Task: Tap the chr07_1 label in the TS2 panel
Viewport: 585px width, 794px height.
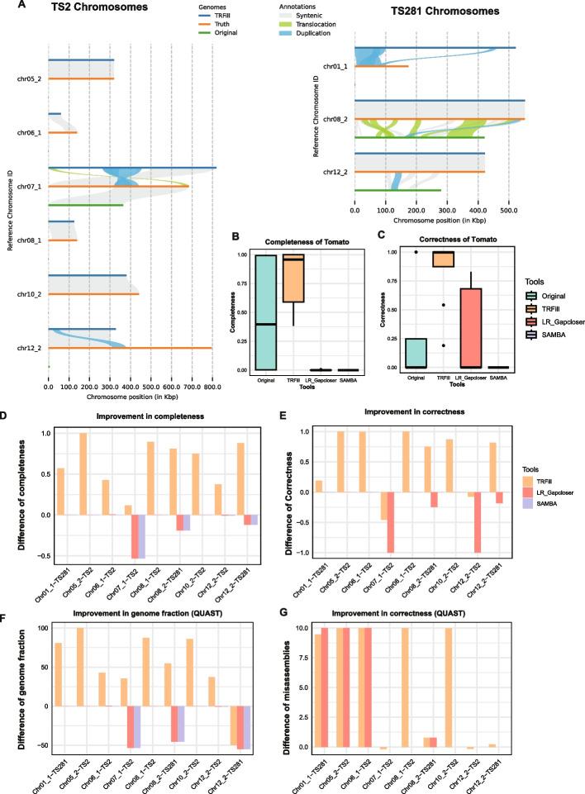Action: click(x=30, y=186)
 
